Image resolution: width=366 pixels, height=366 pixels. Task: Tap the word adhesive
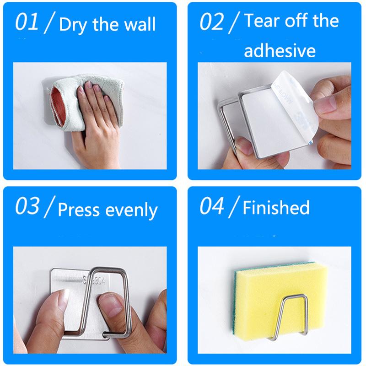pyautogui.click(x=280, y=50)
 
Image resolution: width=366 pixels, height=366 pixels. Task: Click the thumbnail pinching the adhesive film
pyautogui.click(x=325, y=106)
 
